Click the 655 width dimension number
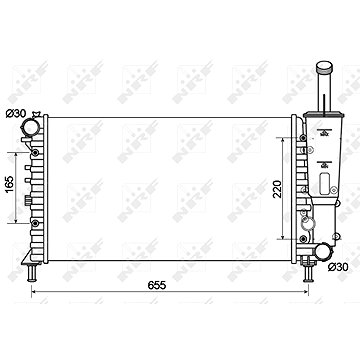point(157,286)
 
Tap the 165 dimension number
point(10,184)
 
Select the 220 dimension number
point(277,189)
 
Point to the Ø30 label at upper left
point(15,113)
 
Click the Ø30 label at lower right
point(338,267)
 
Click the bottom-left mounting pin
point(32,273)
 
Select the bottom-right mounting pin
point(308,273)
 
